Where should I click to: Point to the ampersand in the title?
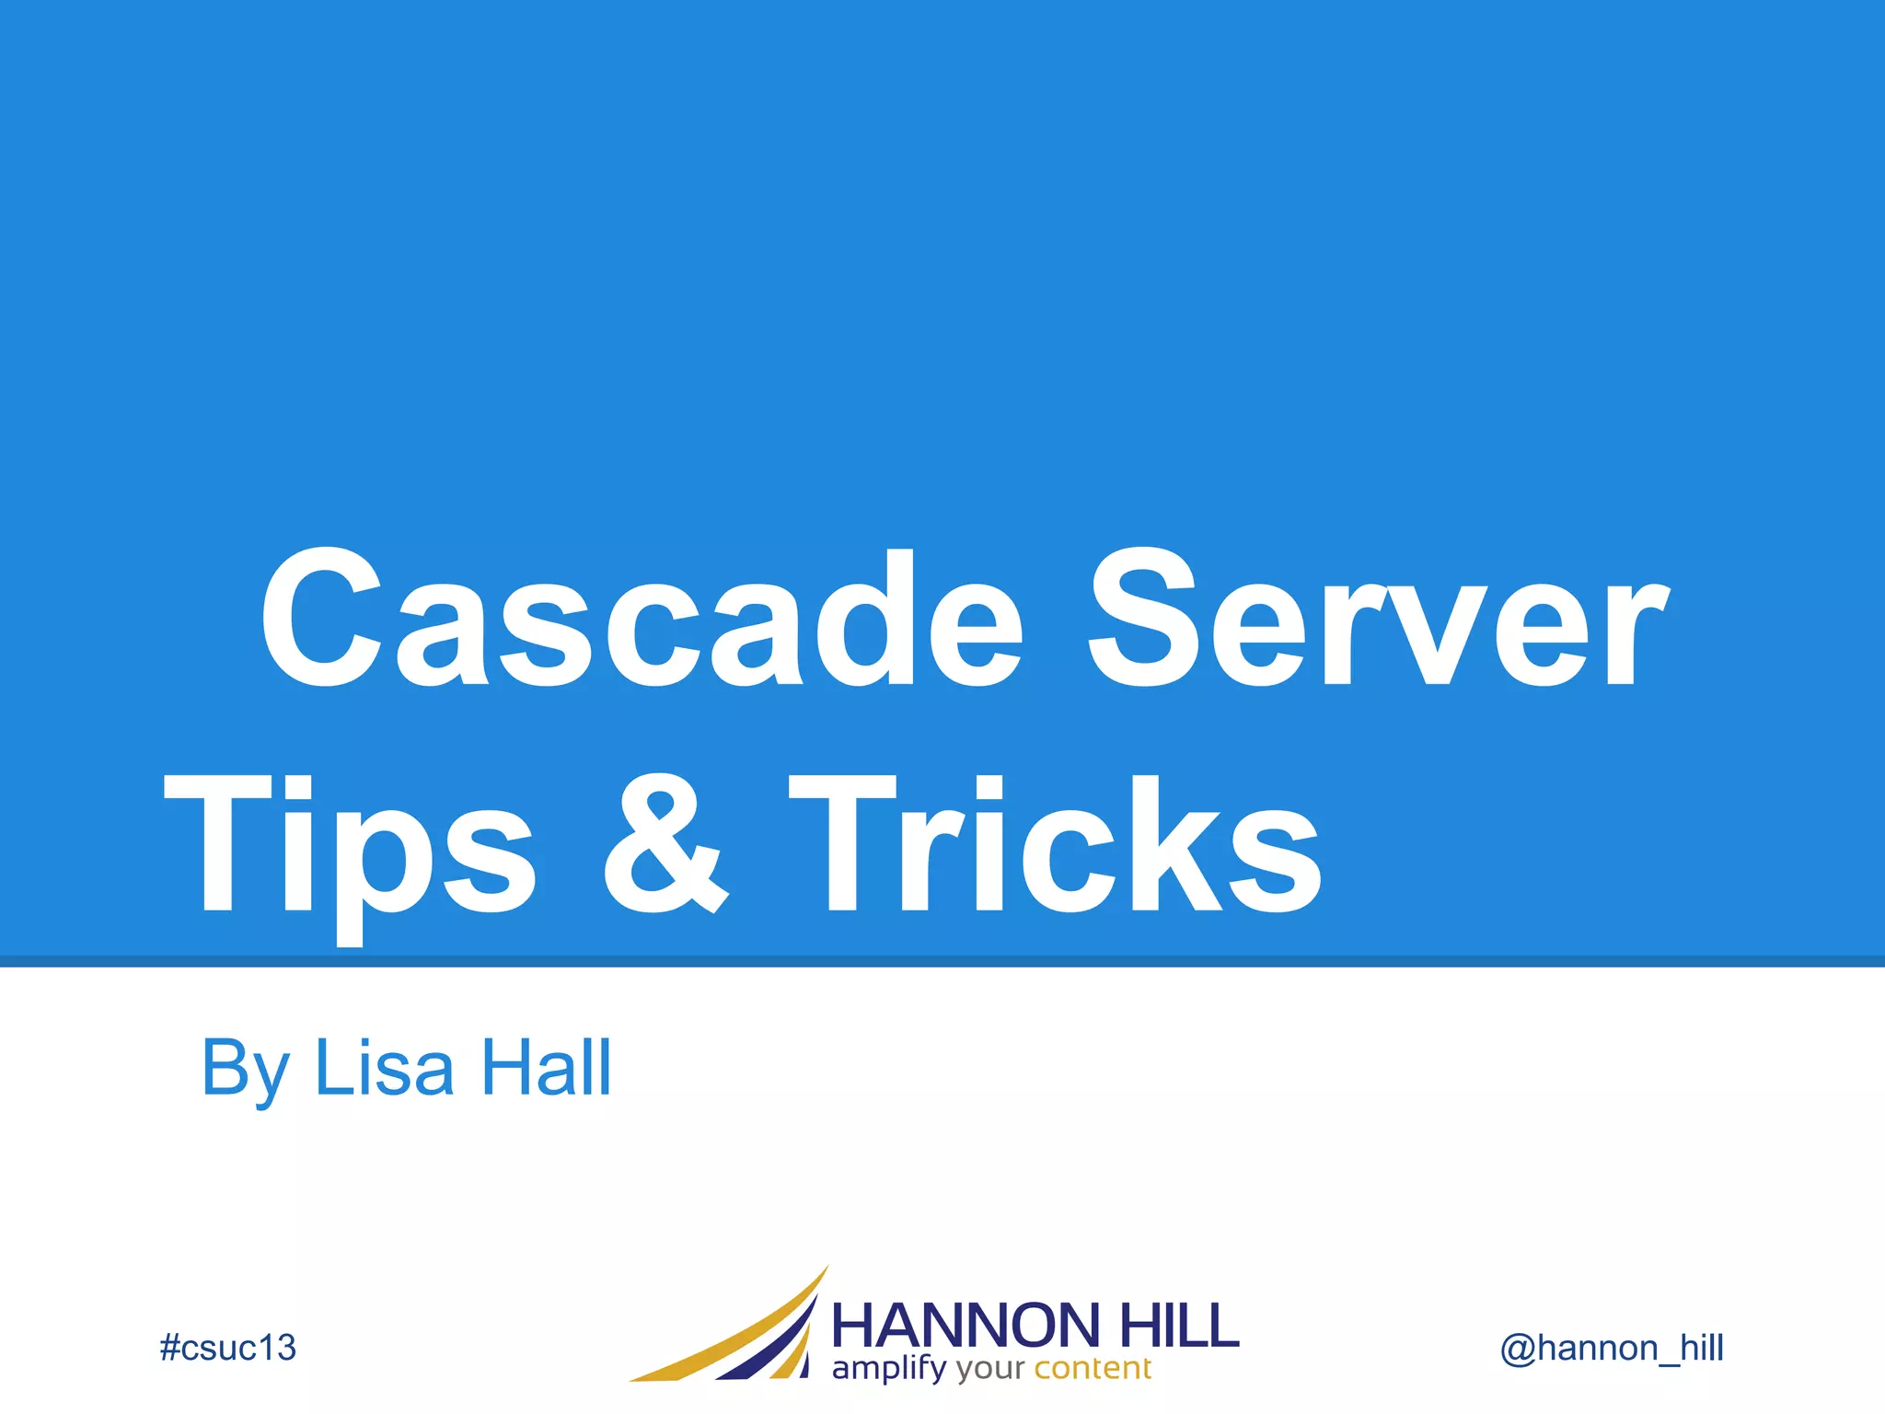pyautogui.click(x=665, y=845)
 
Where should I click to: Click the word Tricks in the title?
pyautogui.click(x=1055, y=845)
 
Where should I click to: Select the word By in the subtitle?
pyautogui.click(x=245, y=1070)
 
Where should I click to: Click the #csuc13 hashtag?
pyautogui.click(x=227, y=1348)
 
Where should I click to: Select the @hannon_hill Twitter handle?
pyautogui.click(x=1612, y=1348)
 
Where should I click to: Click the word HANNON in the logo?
pyautogui.click(x=966, y=1326)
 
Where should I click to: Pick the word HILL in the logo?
pyautogui.click(x=1179, y=1326)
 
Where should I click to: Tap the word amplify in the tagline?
pyautogui.click(x=888, y=1369)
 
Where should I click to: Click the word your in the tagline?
pyautogui.click(x=989, y=1370)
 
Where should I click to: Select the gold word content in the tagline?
pyautogui.click(x=1093, y=1368)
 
